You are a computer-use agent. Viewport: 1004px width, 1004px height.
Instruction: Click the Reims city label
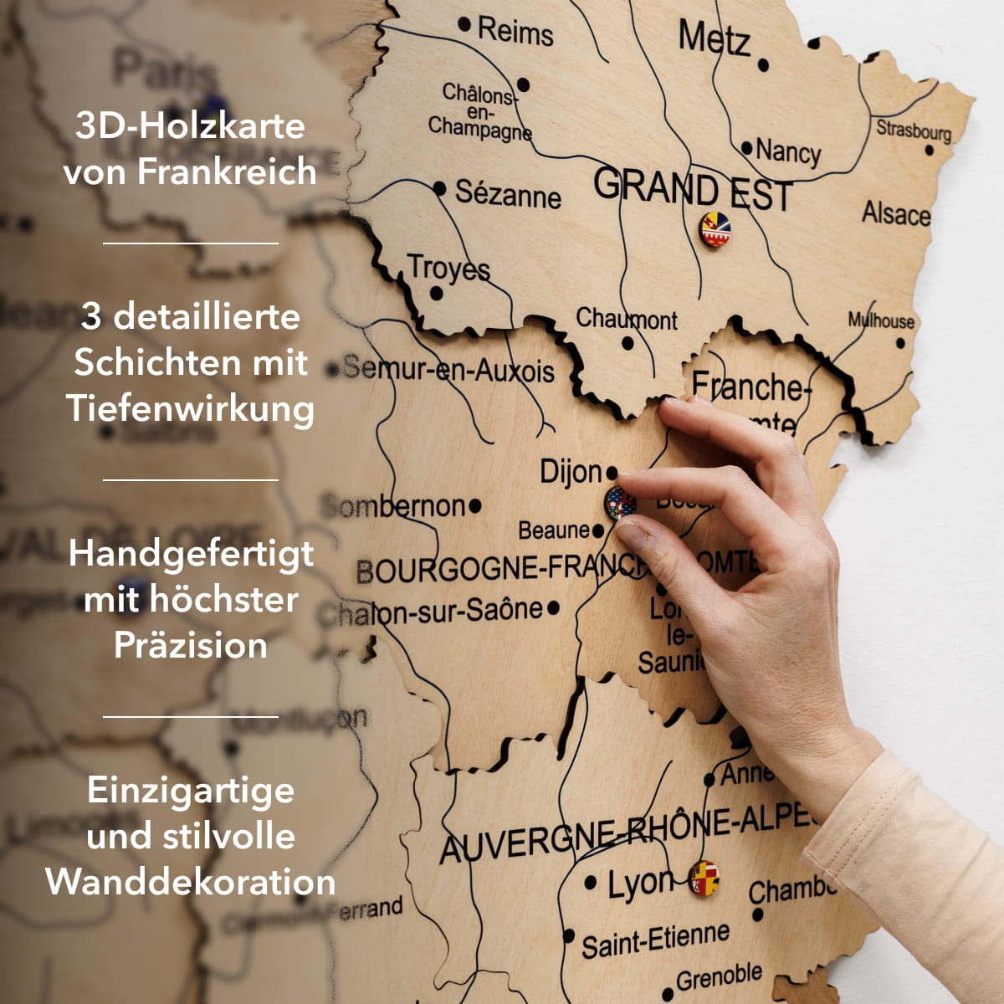coord(515,32)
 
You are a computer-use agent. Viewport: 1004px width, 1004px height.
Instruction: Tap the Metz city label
coord(714,38)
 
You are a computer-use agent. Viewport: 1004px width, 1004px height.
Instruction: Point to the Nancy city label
coord(788,152)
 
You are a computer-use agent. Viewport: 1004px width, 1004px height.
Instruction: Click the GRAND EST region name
coord(692,190)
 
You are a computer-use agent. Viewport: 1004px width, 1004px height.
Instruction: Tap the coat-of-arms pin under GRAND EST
coord(715,229)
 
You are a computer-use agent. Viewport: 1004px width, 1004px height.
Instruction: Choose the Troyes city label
coord(448,269)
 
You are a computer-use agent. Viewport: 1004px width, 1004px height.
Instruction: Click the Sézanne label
coord(508,194)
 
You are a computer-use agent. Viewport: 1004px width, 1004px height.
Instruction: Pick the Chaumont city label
coord(626,319)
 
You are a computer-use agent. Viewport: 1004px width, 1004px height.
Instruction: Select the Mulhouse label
coord(881,320)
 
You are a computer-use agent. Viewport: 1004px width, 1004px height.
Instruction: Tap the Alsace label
coord(896,213)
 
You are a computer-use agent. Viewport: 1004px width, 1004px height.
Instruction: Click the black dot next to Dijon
coord(612,473)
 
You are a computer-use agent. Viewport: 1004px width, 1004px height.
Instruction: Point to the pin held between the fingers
coord(619,503)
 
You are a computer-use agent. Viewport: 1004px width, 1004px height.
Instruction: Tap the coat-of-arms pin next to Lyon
coord(704,878)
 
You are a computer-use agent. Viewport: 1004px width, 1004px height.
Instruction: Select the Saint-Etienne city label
coord(655,940)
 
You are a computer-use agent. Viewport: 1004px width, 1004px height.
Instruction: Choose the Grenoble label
coord(719,976)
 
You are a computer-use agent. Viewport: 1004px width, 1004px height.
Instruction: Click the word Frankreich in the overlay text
coord(227,172)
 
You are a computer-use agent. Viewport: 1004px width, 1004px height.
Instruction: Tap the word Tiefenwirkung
coord(191,408)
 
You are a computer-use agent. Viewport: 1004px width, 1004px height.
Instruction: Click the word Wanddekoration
coord(191,882)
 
